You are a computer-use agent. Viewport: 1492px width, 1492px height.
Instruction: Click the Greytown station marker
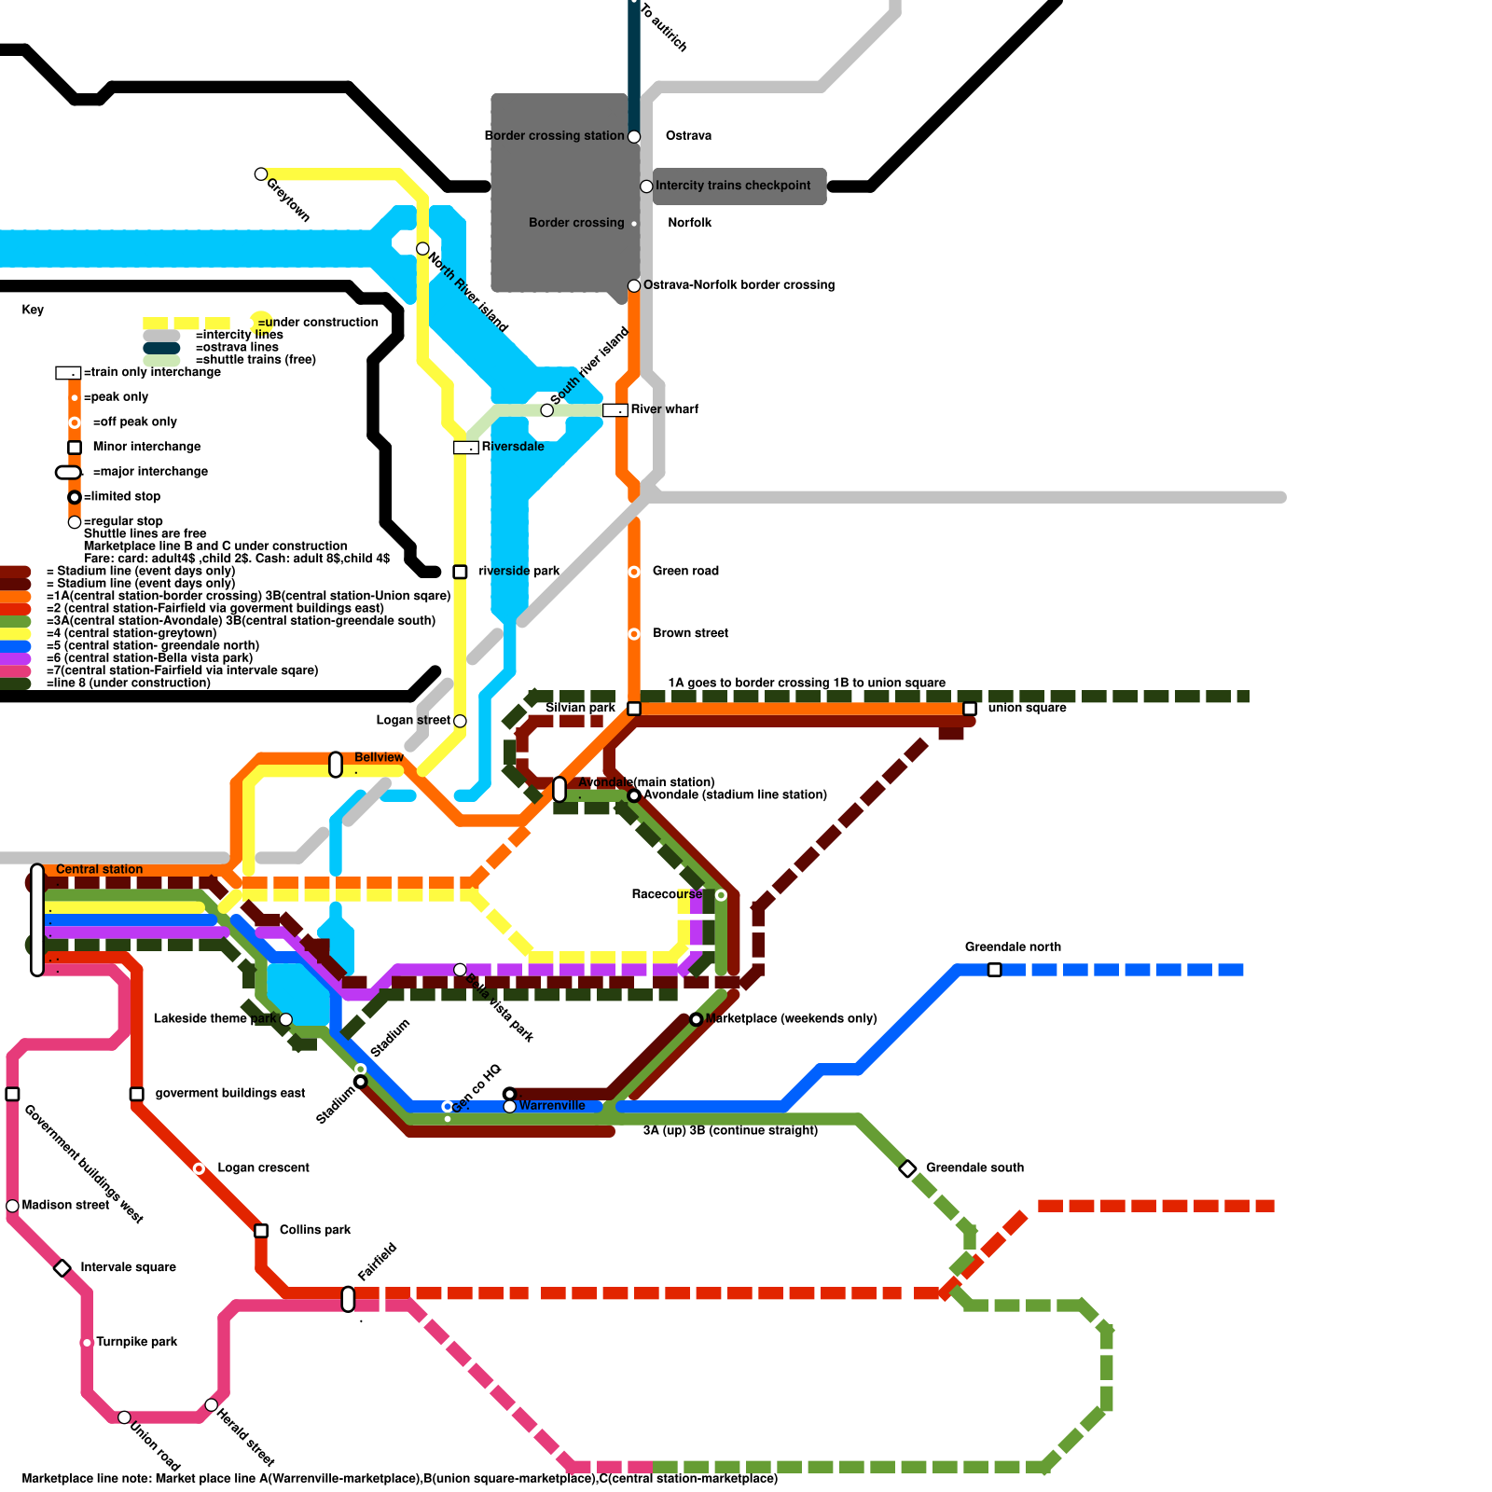[261, 174]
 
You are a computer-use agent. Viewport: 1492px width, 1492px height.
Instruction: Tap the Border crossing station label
[554, 136]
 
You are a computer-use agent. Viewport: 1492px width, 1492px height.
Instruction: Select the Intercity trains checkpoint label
[733, 186]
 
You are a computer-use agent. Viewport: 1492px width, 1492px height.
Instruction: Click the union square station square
[970, 709]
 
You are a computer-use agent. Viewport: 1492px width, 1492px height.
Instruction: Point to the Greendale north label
[1013, 947]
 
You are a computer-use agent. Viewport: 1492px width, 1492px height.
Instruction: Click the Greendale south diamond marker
[907, 1168]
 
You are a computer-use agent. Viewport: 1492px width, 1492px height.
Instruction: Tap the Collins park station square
[261, 1231]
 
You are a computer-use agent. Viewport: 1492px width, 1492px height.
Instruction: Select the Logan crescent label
[263, 1168]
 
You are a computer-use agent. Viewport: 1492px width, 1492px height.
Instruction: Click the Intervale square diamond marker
[62, 1268]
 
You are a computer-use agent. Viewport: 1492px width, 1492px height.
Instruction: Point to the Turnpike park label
[137, 1343]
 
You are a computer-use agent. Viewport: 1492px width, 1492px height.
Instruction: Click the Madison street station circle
[12, 1206]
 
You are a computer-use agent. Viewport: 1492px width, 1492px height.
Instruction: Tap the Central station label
[99, 869]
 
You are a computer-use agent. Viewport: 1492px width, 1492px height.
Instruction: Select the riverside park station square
[460, 572]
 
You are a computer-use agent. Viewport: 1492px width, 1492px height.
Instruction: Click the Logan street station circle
[460, 721]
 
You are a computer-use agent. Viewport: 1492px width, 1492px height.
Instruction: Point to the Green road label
[685, 571]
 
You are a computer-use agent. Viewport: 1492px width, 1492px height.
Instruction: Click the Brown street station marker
[634, 634]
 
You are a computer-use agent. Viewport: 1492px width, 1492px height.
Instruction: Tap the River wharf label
[664, 409]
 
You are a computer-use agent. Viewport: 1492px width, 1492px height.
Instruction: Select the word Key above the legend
[33, 310]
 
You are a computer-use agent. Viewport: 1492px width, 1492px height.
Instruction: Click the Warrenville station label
[552, 1106]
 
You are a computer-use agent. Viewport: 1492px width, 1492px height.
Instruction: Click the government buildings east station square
[137, 1094]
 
